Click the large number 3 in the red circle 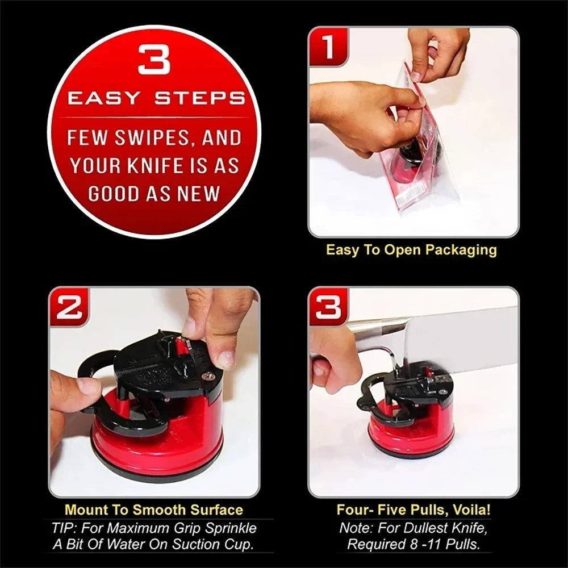154,60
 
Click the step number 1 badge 328,47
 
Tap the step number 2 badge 69,307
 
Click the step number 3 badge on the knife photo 328,307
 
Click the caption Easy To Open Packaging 411,250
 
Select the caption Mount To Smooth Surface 153,509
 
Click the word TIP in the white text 64,528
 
